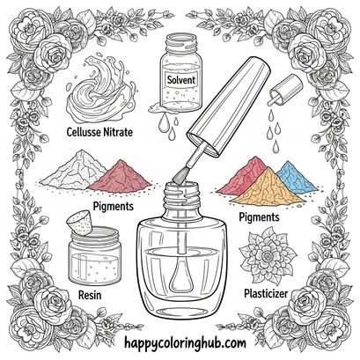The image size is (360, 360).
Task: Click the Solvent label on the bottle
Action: [181, 79]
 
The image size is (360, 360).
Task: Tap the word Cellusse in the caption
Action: [84, 132]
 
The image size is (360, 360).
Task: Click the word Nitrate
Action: [118, 132]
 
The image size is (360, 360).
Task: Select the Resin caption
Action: [90, 295]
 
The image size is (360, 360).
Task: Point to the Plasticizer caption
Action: [266, 293]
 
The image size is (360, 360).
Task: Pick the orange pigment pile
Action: [268, 188]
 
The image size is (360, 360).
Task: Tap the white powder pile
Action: [73, 169]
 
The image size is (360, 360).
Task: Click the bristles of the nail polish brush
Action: [179, 178]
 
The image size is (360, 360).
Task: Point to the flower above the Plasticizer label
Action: [268, 255]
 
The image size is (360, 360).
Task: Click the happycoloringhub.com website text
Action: [185, 343]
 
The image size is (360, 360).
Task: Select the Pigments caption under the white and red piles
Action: [114, 206]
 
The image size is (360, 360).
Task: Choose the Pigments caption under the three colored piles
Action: [259, 217]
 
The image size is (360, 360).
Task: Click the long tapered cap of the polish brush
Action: [229, 106]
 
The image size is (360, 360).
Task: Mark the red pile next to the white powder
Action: [121, 178]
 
